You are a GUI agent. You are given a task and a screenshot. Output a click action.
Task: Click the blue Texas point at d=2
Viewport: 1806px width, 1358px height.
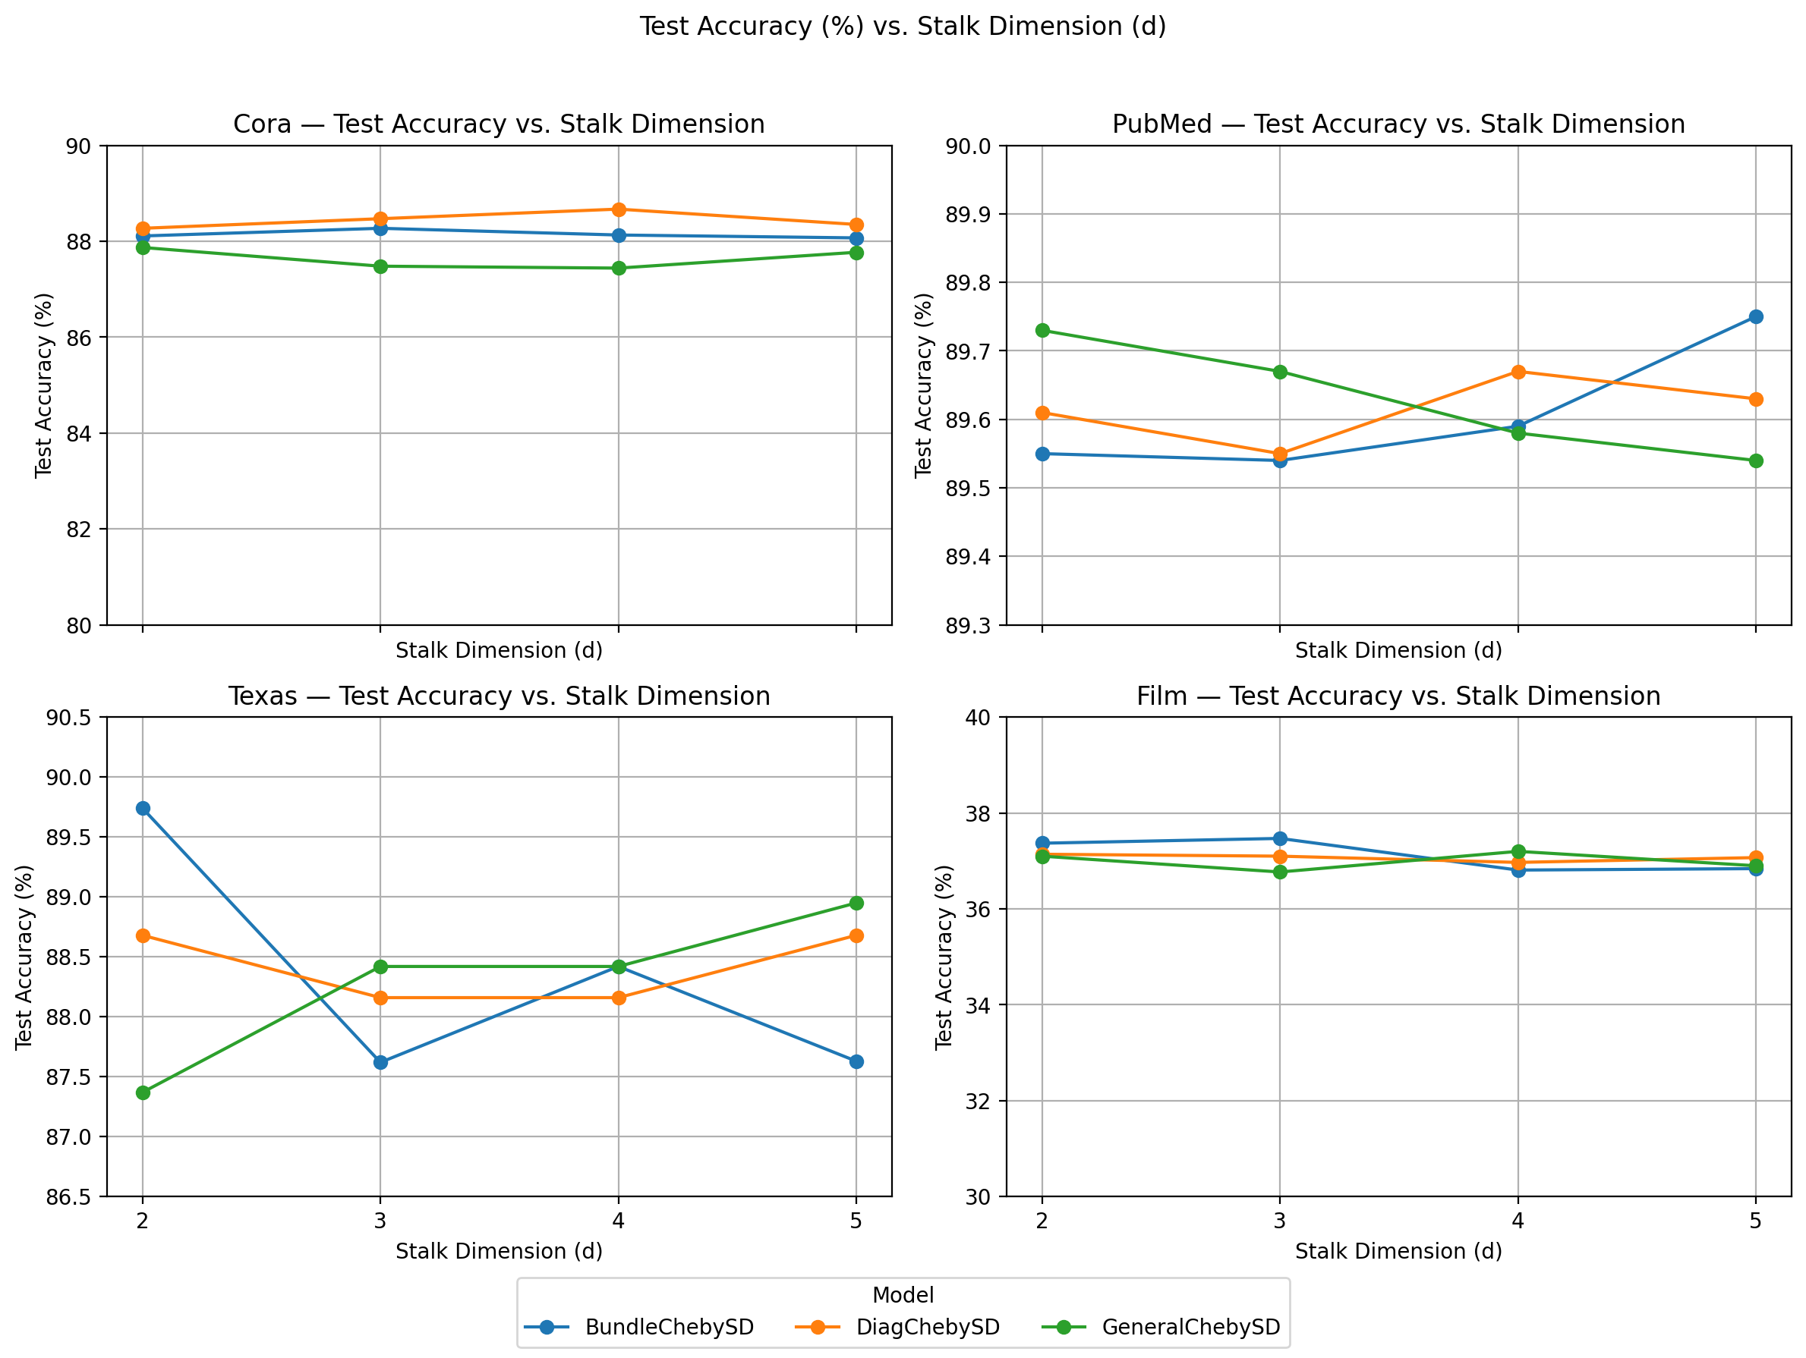click(x=143, y=808)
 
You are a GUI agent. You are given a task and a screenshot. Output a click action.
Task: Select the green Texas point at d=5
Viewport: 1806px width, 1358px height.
click(x=856, y=903)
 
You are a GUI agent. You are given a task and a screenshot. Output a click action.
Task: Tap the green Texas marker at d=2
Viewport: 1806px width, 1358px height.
click(x=143, y=1092)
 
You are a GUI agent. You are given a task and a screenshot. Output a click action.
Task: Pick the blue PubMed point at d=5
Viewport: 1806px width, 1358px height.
click(x=1755, y=316)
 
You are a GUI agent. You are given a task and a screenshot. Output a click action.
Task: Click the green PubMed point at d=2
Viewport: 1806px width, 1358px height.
click(x=1042, y=331)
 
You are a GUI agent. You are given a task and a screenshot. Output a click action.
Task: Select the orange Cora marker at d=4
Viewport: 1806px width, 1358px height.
click(x=619, y=209)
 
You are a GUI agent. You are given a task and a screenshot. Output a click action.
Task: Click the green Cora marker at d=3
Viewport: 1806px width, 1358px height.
click(x=380, y=266)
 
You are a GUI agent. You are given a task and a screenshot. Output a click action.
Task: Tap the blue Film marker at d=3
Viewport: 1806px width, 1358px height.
click(x=1280, y=838)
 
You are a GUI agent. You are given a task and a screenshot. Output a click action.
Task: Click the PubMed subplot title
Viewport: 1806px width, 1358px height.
click(x=1398, y=124)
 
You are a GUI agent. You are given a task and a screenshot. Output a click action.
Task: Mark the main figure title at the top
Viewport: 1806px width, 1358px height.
click(x=903, y=26)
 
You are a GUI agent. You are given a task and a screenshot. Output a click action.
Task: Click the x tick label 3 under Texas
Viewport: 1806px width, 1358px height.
click(x=380, y=1221)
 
